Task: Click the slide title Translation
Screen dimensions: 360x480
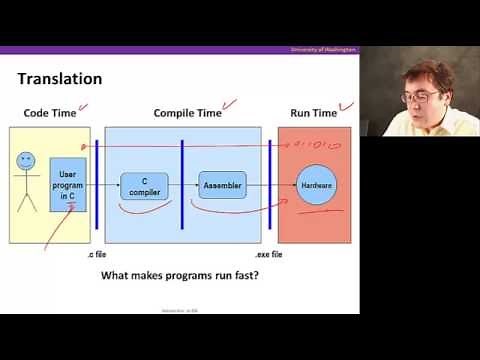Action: [59, 78]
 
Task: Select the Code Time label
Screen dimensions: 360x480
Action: [50, 113]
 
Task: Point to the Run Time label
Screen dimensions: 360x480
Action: [313, 113]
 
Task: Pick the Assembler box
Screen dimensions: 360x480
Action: [221, 185]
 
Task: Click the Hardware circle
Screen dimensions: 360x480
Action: [316, 186]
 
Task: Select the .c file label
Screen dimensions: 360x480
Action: [97, 256]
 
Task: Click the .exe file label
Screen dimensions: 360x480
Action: [269, 256]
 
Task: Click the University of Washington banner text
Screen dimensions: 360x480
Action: [323, 49]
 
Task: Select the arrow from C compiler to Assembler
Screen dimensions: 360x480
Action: [182, 186]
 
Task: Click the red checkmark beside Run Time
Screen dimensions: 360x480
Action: [347, 106]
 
